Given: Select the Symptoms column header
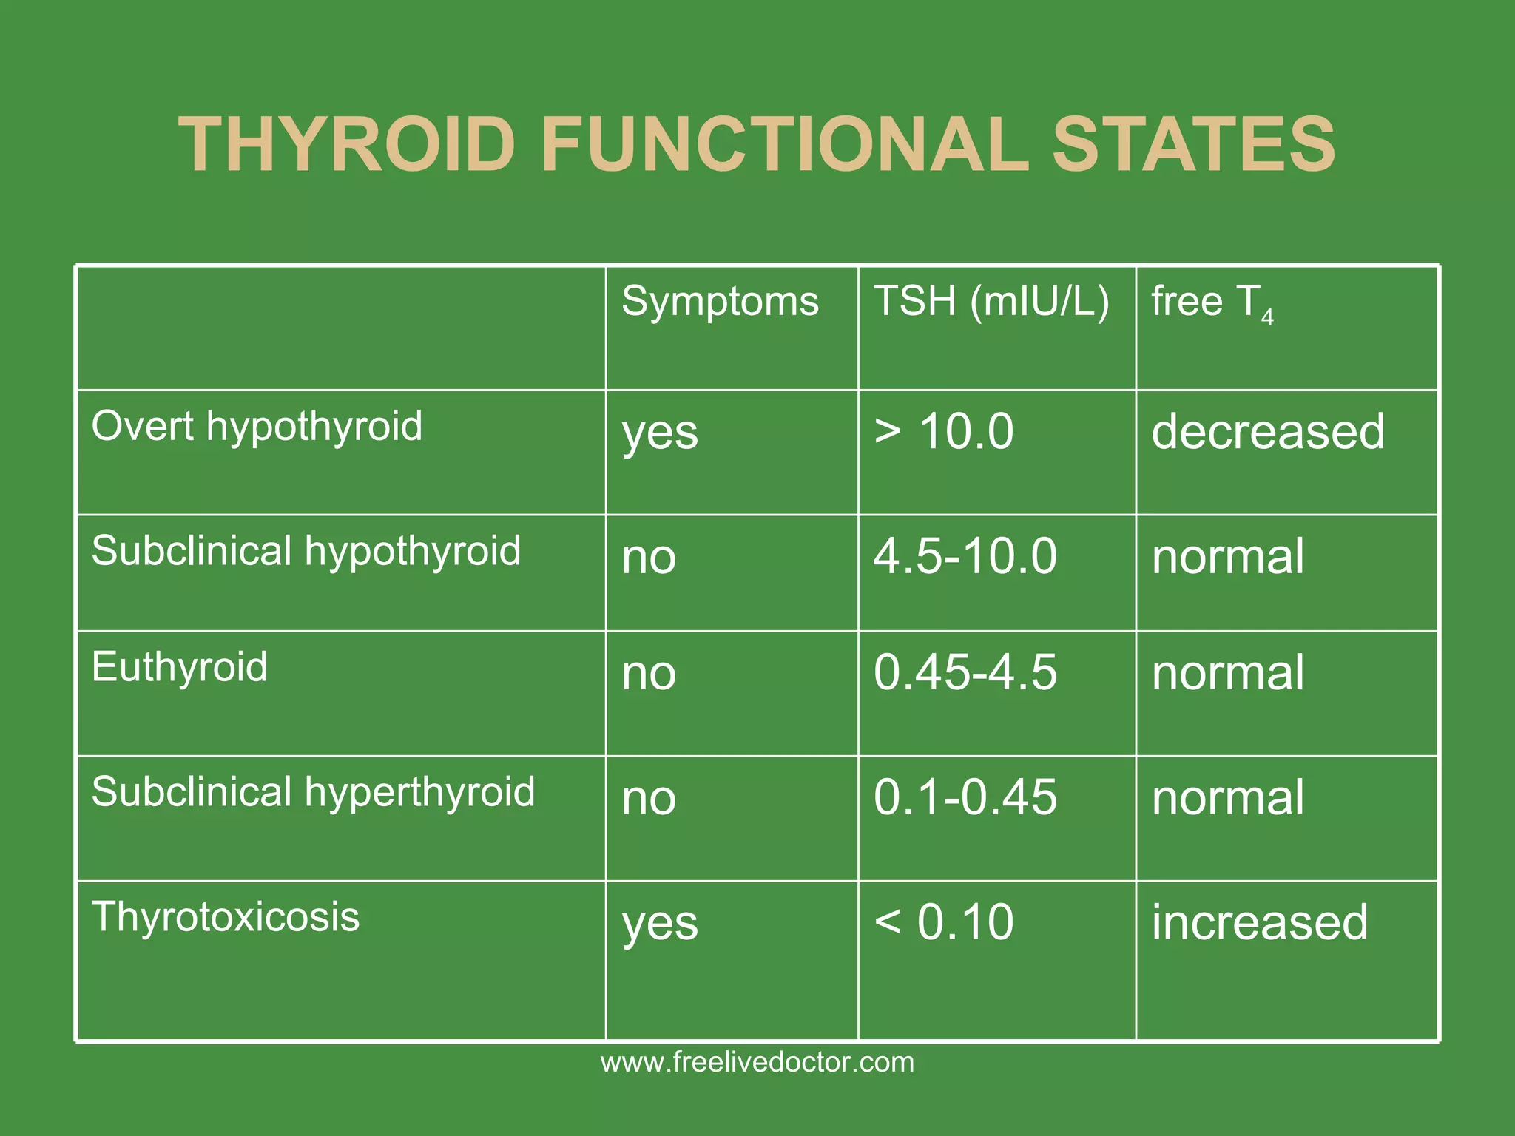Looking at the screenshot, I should [720, 302].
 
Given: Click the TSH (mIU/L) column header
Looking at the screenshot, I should [991, 302].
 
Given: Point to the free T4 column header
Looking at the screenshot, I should [1212, 303].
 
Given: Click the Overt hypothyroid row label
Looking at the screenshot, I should [257, 427].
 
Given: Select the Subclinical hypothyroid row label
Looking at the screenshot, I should [306, 552].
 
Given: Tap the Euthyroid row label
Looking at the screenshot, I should [179, 667].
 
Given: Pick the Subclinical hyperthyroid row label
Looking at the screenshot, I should [313, 792].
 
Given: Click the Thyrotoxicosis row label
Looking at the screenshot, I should [225, 917].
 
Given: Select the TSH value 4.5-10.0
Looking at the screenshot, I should [965, 556].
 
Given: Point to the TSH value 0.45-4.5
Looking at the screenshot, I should [965, 672].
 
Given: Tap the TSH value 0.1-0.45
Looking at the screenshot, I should [965, 797].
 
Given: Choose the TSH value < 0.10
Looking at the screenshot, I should [943, 922].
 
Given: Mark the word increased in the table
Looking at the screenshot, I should [1260, 922].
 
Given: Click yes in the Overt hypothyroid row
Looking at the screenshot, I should [660, 433].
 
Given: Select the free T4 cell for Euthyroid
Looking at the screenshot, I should [1228, 673].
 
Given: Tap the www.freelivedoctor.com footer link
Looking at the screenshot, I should [757, 1063].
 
